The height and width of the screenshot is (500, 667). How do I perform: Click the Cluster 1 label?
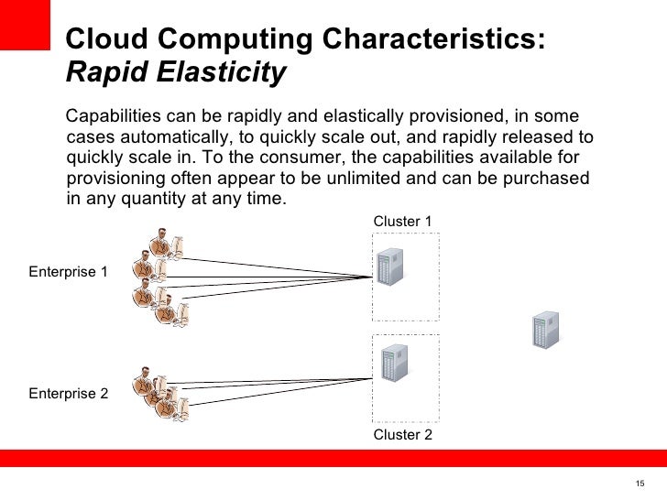tap(402, 222)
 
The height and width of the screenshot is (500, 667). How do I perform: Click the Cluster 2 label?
tap(402, 435)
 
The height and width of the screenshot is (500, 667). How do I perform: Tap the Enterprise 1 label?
tap(68, 272)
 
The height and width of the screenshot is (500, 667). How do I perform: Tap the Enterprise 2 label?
tap(68, 394)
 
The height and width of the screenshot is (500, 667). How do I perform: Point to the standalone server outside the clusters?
tap(546, 330)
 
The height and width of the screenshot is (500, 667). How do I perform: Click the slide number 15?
tap(640, 484)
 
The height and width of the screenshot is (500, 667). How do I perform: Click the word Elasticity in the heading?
tap(223, 72)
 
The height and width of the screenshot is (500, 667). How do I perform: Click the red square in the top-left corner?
tap(23, 26)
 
